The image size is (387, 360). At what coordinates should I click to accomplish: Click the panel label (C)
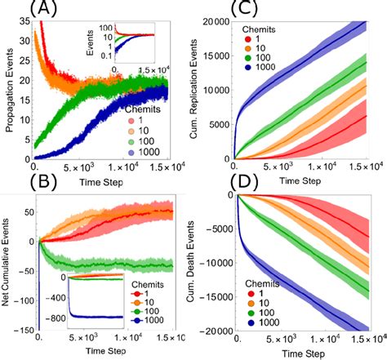[x=225, y=9]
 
